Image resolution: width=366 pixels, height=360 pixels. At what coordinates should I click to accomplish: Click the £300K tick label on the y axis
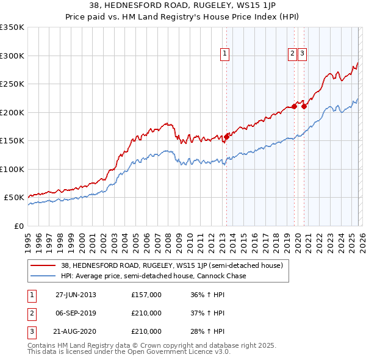point(12,56)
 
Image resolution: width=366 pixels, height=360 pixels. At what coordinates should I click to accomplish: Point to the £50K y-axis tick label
point(14,198)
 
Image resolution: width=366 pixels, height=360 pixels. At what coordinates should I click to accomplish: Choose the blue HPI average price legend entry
point(153,276)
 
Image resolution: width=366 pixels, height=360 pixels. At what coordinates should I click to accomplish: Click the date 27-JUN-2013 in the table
point(76,295)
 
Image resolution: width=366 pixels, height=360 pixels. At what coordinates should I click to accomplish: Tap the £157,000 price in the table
point(146,295)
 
